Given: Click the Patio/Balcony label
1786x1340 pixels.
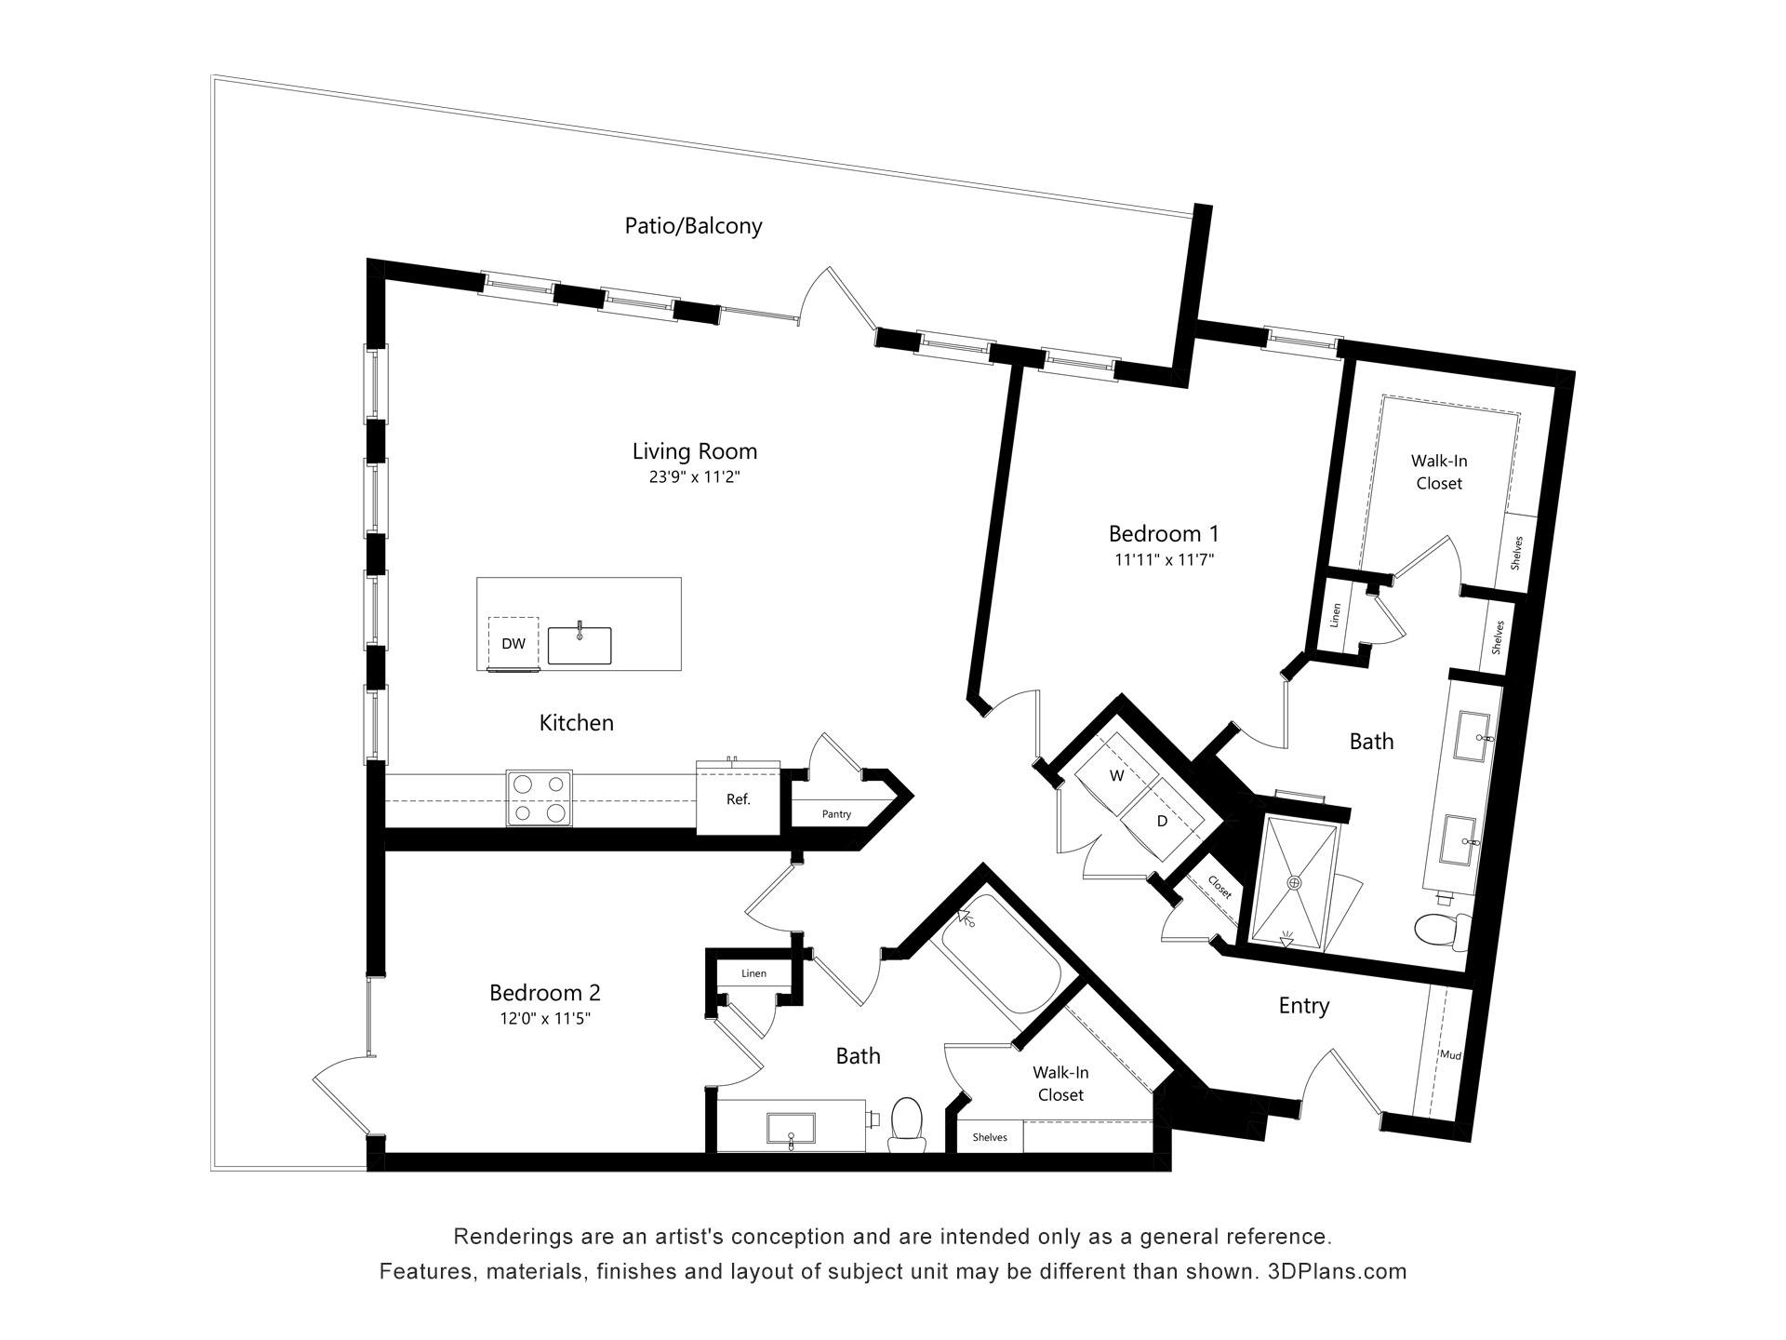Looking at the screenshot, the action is (693, 226).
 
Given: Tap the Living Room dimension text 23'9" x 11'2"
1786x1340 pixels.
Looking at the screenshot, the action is (694, 477).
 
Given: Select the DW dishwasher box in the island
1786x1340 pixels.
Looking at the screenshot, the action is (513, 642).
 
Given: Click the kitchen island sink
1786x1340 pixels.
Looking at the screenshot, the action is (580, 645).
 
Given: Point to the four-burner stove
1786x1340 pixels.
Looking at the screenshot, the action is (540, 798).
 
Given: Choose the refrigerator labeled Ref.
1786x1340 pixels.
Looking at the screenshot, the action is (739, 797).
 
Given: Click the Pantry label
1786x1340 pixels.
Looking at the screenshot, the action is (836, 814).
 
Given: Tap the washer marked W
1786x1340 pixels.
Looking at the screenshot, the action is (1116, 775).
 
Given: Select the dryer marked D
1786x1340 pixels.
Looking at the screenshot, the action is (1162, 820).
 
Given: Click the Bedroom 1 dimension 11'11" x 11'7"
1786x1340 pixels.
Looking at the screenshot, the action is (1164, 560).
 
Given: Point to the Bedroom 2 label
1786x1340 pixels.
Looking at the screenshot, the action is (545, 992).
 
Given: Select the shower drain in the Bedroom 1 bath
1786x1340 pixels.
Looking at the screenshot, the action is (1294, 881).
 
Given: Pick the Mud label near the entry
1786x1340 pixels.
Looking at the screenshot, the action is (1450, 1055).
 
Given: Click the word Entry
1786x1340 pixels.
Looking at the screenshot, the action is (1303, 1006).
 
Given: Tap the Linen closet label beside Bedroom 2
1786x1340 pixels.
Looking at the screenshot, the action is (753, 973).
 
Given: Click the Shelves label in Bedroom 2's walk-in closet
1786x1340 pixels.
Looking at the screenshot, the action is (989, 1137).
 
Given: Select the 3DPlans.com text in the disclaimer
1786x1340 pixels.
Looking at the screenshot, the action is (1337, 1271).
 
